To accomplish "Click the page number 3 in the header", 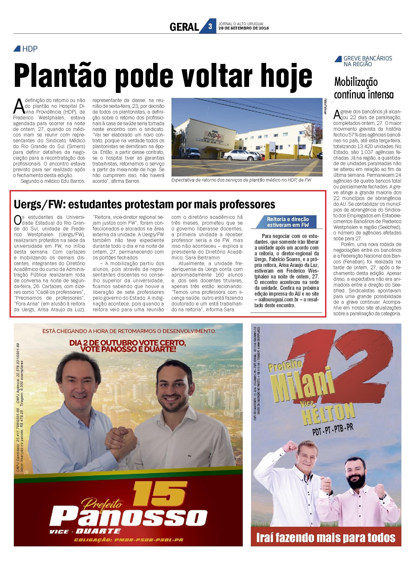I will coord(210,26).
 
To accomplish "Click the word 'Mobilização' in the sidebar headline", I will coord(356,82).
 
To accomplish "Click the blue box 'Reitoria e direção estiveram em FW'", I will coord(288,222).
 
